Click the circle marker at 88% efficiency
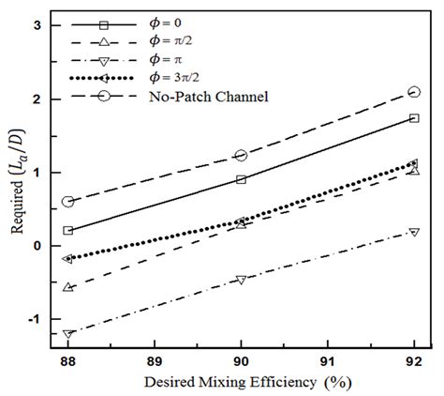[67, 202]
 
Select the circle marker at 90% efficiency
[241, 156]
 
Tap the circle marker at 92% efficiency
[414, 92]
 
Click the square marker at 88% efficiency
[67, 230]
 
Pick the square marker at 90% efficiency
[241, 179]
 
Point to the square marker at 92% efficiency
[414, 118]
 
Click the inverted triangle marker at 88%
[67, 334]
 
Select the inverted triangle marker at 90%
[241, 280]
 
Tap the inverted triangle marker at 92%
[414, 232]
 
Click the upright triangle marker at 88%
[67, 287]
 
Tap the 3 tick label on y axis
[35, 25]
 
